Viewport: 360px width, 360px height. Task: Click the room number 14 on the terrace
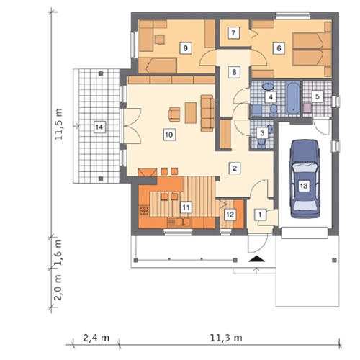click(x=99, y=127)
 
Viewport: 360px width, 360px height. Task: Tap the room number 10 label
click(x=169, y=135)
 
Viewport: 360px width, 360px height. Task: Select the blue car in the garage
click(x=305, y=179)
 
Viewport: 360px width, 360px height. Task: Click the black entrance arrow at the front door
click(x=257, y=259)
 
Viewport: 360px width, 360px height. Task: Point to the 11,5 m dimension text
click(x=58, y=124)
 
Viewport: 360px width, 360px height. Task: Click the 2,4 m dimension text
click(x=96, y=338)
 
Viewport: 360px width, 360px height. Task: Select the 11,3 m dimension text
click(x=226, y=338)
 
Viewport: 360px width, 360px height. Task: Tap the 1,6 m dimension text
click(x=58, y=252)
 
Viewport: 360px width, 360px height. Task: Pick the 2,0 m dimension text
click(x=58, y=287)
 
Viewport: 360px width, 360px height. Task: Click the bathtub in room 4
click(x=293, y=98)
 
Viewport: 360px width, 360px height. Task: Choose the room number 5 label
click(x=318, y=96)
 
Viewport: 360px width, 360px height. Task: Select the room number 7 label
click(x=233, y=33)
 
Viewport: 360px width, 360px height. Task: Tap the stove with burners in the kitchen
click(x=144, y=210)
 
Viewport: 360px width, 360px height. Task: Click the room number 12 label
click(x=230, y=215)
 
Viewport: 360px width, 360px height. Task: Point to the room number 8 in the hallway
click(x=234, y=72)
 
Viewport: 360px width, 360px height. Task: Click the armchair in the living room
click(x=174, y=114)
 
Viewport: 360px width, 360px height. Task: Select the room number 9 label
click(x=186, y=48)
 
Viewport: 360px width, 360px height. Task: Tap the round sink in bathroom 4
click(x=267, y=86)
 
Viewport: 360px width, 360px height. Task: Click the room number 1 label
click(x=260, y=215)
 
